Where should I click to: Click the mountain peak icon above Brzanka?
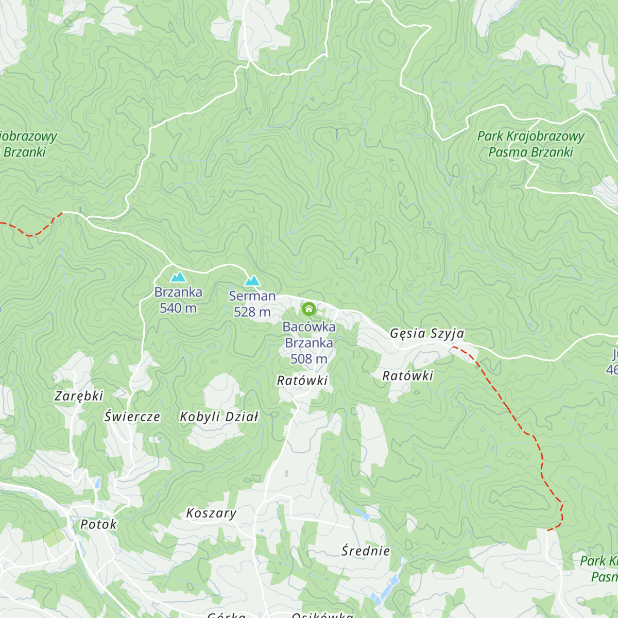pyautogui.click(x=178, y=277)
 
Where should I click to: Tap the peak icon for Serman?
pyautogui.click(x=252, y=281)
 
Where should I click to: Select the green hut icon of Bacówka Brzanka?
pyautogui.click(x=308, y=309)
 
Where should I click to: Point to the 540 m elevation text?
pyautogui.click(x=178, y=308)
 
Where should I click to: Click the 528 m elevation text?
pyautogui.click(x=252, y=312)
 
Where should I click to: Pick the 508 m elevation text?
pyautogui.click(x=308, y=358)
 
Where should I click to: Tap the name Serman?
pyautogui.click(x=252, y=296)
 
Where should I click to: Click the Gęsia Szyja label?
pyautogui.click(x=427, y=334)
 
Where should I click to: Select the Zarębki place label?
pyautogui.click(x=79, y=396)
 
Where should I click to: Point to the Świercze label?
pyautogui.click(x=132, y=417)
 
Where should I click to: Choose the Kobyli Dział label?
pyautogui.click(x=219, y=417)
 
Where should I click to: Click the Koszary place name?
pyautogui.click(x=211, y=513)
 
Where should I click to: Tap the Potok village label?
pyautogui.click(x=99, y=524)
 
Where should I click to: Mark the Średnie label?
pyautogui.click(x=366, y=551)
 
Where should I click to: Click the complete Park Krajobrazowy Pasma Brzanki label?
pyautogui.click(x=530, y=144)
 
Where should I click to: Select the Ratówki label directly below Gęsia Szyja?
pyautogui.click(x=408, y=375)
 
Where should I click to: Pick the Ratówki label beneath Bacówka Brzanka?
pyautogui.click(x=302, y=381)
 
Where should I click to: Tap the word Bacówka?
pyautogui.click(x=308, y=327)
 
